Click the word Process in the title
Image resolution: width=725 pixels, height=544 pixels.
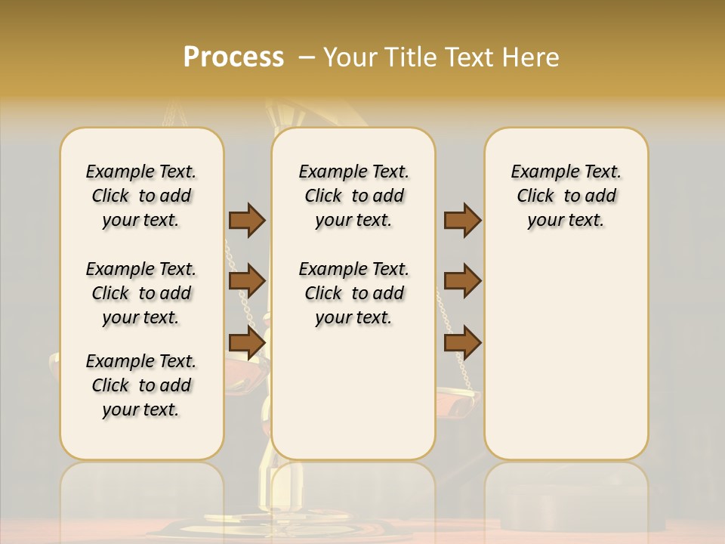233,57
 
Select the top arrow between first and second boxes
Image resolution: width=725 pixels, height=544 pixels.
247,220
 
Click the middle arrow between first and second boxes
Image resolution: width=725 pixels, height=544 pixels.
247,281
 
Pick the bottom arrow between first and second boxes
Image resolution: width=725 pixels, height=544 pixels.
247,342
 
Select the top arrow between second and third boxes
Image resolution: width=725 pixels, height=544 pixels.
462,220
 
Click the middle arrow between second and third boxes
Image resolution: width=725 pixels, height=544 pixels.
462,281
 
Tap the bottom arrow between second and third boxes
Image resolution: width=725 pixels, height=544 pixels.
462,342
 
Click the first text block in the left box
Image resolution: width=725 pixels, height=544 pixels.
141,196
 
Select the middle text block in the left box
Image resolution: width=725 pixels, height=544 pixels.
141,293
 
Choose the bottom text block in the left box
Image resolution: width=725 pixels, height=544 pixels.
141,385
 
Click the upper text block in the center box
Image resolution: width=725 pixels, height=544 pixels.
353,196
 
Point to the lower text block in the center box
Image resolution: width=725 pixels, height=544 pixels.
353,293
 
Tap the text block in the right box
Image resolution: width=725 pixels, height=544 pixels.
566,196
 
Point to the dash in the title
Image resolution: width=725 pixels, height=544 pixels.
307,57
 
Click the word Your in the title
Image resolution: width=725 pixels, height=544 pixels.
350,57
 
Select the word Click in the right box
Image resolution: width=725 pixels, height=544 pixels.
535,196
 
